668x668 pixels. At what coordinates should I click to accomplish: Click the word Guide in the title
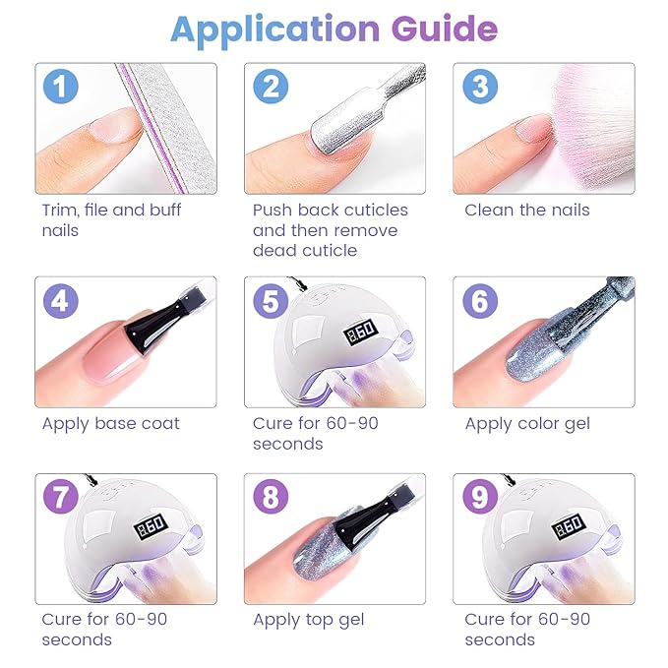(445, 29)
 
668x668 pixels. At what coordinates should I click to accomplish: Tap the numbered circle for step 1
(61, 86)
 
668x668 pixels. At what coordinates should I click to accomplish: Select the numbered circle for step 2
(271, 86)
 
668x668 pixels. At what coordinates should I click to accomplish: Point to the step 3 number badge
(480, 86)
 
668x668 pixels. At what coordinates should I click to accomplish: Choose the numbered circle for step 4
(61, 301)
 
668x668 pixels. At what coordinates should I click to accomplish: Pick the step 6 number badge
(480, 301)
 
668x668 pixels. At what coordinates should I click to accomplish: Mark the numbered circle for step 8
(271, 496)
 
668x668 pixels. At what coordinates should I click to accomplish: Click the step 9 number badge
(480, 496)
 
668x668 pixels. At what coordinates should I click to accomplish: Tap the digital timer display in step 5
(361, 332)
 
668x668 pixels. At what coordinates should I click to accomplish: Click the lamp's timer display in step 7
(152, 526)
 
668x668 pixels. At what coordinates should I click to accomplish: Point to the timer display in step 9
(570, 526)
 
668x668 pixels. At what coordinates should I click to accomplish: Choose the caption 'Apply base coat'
(111, 424)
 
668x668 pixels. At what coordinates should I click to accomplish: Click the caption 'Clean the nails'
(527, 210)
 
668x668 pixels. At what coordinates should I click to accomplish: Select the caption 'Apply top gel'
(309, 620)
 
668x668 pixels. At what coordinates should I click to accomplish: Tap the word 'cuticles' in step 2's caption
(376, 210)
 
